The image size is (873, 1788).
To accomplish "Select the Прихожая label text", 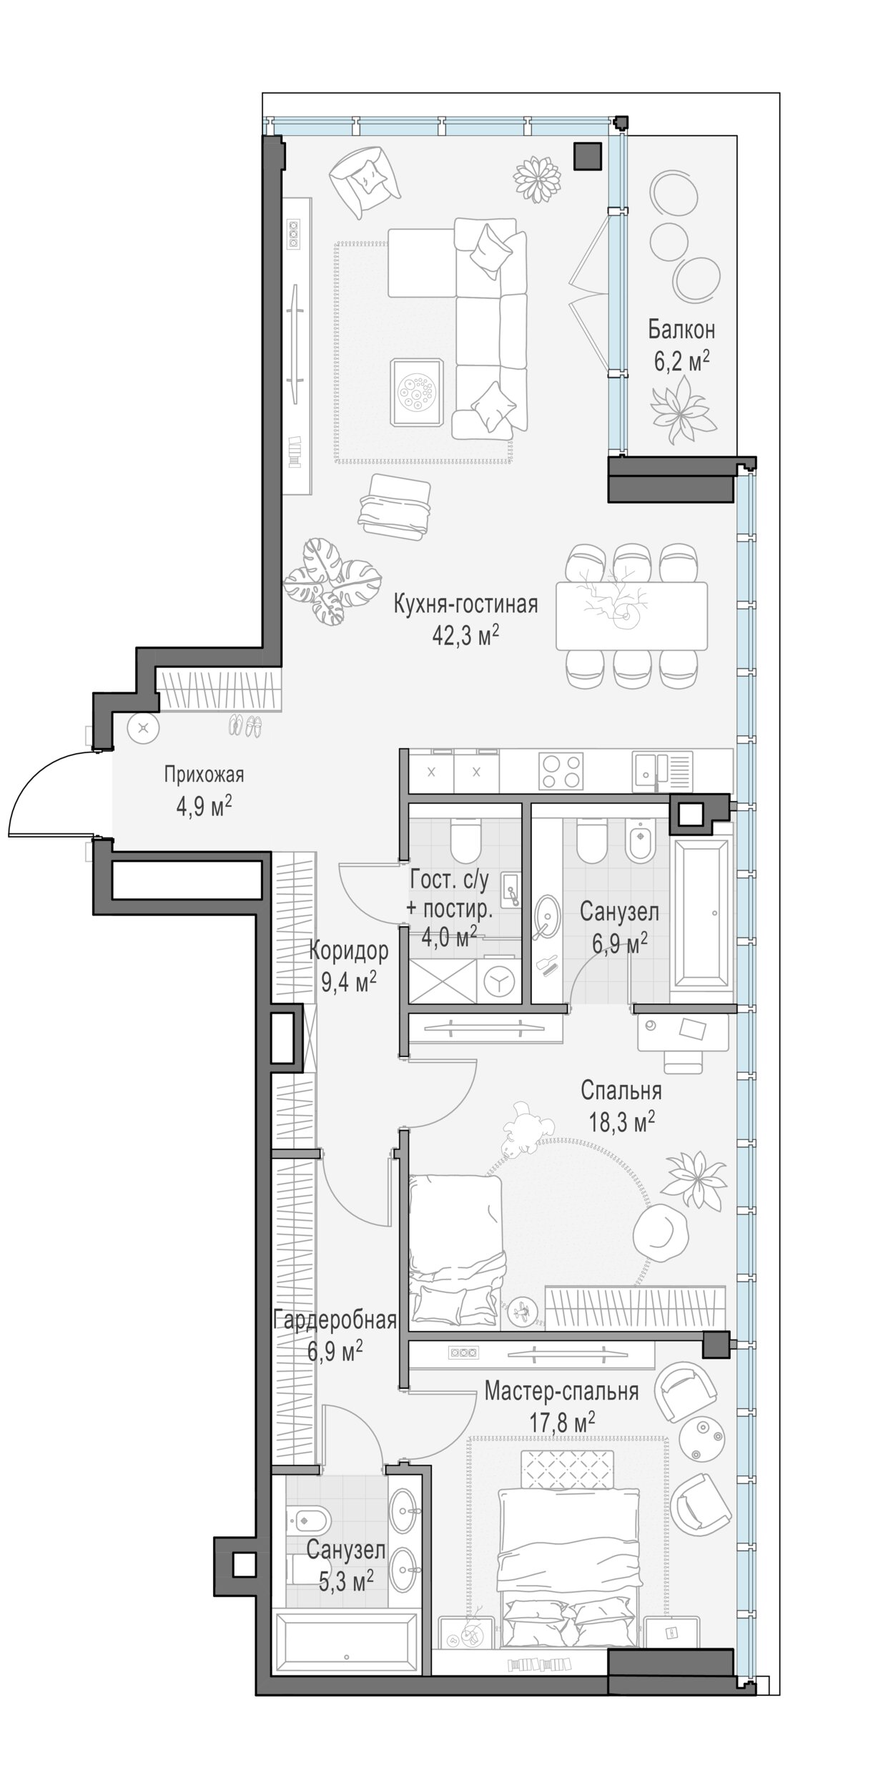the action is tap(204, 775).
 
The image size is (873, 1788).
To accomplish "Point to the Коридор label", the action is tap(349, 951).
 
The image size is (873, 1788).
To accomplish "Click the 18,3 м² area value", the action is tap(621, 1121).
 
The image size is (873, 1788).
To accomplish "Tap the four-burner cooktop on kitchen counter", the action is tap(561, 771).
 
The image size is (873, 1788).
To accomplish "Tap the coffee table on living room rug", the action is tap(417, 393).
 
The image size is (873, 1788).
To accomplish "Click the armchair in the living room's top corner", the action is tap(365, 179).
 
